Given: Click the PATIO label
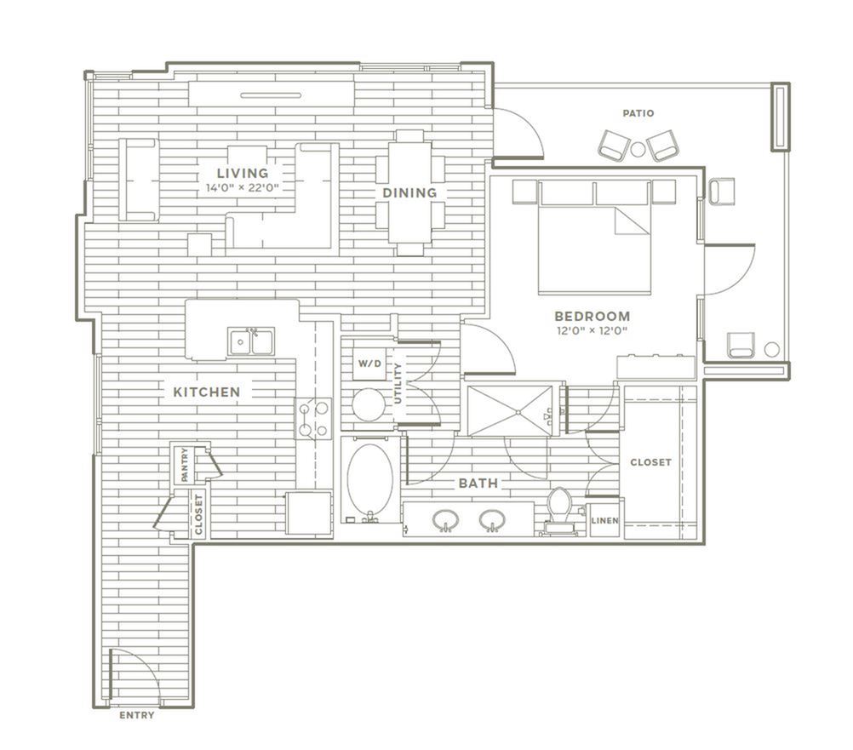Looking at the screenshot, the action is pyautogui.click(x=638, y=113).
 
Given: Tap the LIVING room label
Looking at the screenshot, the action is pyautogui.click(x=243, y=173).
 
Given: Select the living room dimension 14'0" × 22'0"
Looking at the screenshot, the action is pyautogui.click(x=243, y=189).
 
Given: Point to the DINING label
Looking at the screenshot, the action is pyautogui.click(x=409, y=192).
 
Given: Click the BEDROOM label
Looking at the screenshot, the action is pyautogui.click(x=593, y=316).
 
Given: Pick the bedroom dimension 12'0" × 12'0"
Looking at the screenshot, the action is pyautogui.click(x=593, y=330).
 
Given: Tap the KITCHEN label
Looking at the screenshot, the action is pyautogui.click(x=207, y=392).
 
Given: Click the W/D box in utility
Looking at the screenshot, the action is pyautogui.click(x=369, y=364).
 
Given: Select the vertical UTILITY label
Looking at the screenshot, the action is pyautogui.click(x=398, y=383).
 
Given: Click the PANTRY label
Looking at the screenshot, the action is pyautogui.click(x=185, y=465).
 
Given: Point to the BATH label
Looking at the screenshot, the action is pyautogui.click(x=478, y=483).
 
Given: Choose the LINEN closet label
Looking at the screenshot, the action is pyautogui.click(x=605, y=520).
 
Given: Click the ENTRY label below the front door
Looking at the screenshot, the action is pyautogui.click(x=136, y=715).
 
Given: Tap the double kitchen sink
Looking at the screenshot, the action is pyautogui.click(x=251, y=341).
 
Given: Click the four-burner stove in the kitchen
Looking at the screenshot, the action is pyautogui.click(x=313, y=418).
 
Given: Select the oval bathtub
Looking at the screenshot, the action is pyautogui.click(x=370, y=479).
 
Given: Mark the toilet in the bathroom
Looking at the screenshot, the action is pyautogui.click(x=559, y=510).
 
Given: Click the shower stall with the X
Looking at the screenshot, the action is pyautogui.click(x=510, y=410).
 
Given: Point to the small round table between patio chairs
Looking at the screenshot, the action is pyautogui.click(x=638, y=148).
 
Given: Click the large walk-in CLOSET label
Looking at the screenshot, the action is pyautogui.click(x=650, y=462).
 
